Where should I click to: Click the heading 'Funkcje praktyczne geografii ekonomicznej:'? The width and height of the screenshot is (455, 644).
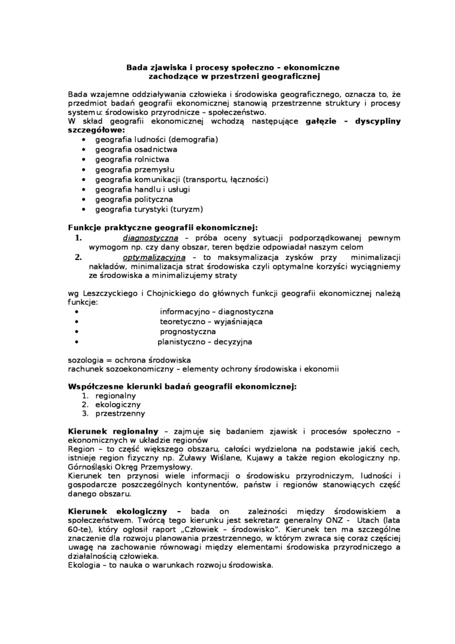163,228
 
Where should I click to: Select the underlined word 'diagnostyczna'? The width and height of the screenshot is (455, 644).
146,238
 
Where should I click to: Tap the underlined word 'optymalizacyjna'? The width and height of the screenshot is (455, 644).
150,258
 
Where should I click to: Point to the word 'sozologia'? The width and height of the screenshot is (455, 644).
85,359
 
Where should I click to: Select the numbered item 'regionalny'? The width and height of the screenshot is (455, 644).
116,395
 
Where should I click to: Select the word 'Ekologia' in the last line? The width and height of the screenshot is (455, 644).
85,565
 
